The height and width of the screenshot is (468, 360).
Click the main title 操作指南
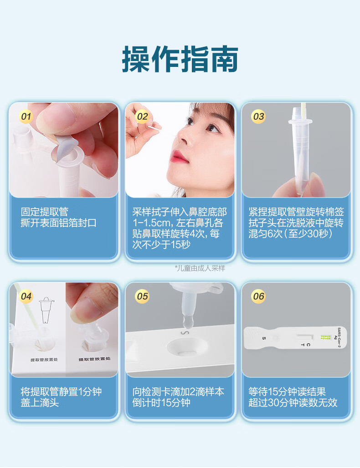[180, 59]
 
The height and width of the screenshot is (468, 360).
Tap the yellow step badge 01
[26, 116]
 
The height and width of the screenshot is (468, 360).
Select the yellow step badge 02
[143, 116]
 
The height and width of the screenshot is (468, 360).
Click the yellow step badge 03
[259, 116]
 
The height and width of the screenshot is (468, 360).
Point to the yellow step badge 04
[26, 296]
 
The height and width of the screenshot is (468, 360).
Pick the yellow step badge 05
[143, 296]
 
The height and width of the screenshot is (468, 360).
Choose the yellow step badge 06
[259, 296]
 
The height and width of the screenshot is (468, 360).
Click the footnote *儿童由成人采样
[200, 268]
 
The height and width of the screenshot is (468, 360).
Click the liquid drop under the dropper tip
[188, 322]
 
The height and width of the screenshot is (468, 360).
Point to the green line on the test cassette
[325, 337]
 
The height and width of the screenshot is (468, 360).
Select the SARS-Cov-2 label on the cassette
[339, 337]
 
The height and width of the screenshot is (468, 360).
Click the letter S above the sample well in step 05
[185, 333]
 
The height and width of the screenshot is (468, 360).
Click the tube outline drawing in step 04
[46, 310]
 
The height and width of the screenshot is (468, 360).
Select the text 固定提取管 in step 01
[45, 212]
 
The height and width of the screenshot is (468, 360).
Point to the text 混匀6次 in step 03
[266, 234]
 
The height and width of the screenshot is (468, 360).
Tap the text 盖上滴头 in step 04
[40, 402]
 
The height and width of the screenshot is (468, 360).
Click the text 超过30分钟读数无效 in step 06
[293, 402]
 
